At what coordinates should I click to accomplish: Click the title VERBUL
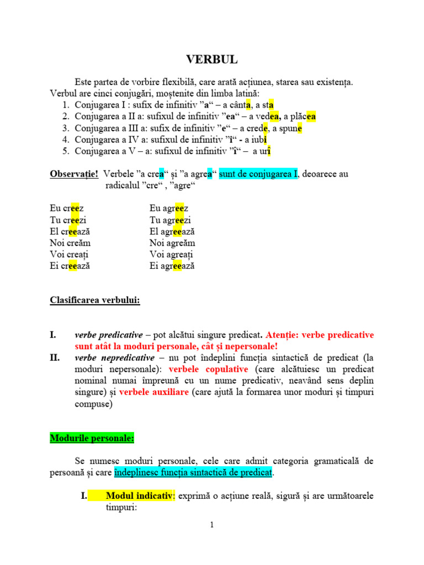[212, 59]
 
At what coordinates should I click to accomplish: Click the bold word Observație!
[74, 174]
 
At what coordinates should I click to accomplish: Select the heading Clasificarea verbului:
[95, 300]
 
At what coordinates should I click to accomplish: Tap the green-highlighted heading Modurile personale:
[92, 439]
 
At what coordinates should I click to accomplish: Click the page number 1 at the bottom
[211, 525]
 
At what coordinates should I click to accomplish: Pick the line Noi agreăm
[172, 243]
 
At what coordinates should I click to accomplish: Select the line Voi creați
[69, 254]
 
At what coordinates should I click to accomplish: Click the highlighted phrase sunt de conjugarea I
[258, 174]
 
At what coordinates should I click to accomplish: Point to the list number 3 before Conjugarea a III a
[65, 128]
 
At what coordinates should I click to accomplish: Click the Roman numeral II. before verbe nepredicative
[55, 358]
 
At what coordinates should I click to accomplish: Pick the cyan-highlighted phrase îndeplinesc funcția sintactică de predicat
[193, 473]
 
